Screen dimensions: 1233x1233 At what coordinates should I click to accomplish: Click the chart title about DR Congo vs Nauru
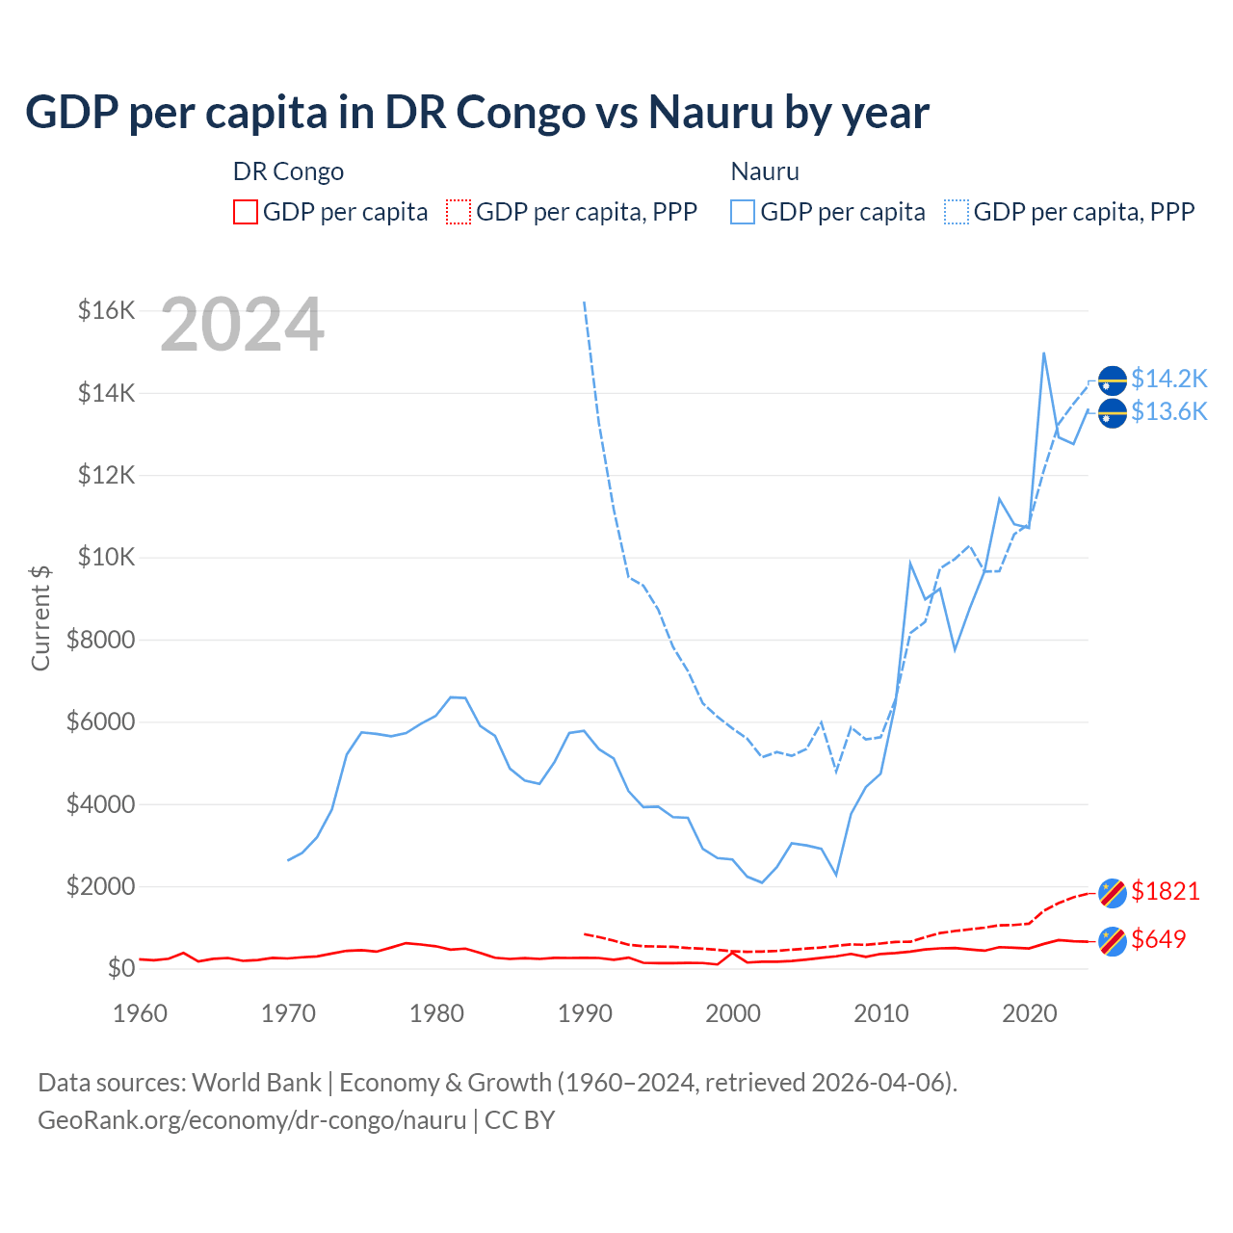click(x=477, y=112)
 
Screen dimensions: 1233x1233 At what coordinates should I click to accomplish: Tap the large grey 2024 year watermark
click(x=242, y=326)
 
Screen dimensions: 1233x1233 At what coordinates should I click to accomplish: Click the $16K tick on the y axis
click(x=106, y=310)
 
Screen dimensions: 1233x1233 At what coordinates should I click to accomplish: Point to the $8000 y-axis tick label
click(x=100, y=640)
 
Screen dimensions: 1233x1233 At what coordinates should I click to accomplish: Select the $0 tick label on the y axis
click(x=120, y=968)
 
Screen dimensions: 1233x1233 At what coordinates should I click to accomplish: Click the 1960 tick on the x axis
click(x=141, y=1013)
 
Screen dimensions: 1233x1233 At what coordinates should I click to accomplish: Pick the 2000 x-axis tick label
click(x=733, y=1013)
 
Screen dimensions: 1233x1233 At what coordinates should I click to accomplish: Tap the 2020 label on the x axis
click(x=1030, y=1013)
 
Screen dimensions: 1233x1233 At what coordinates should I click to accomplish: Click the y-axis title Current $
click(x=40, y=617)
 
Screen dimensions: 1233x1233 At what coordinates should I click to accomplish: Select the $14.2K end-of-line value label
click(x=1168, y=379)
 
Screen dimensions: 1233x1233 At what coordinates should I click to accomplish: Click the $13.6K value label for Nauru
click(x=1168, y=412)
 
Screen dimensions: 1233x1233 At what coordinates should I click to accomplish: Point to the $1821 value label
click(x=1166, y=891)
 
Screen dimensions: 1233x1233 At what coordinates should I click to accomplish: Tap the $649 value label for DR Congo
click(x=1158, y=939)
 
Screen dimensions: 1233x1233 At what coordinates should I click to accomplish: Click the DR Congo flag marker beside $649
click(x=1113, y=941)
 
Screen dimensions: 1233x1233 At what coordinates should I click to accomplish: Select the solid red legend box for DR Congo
click(x=246, y=212)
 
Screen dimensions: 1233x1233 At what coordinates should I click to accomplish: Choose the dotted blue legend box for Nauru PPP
click(x=957, y=212)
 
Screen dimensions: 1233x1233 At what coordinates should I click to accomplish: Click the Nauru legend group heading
click(x=765, y=171)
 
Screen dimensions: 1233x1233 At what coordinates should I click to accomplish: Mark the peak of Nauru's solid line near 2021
click(x=1044, y=353)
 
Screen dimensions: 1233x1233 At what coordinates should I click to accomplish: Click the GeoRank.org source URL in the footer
click(x=252, y=1120)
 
